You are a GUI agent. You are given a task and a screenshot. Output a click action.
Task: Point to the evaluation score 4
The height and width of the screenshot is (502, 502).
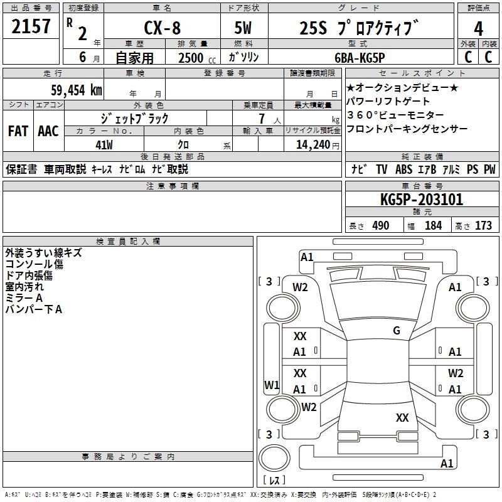pyautogui.click(x=479, y=28)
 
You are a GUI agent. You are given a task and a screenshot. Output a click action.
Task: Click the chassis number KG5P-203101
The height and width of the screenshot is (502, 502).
pyautogui.click(x=422, y=200)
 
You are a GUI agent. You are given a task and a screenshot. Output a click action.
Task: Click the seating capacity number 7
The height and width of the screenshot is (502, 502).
pyautogui.click(x=260, y=119)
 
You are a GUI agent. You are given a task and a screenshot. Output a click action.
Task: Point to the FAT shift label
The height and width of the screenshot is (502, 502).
pyautogui.click(x=18, y=131)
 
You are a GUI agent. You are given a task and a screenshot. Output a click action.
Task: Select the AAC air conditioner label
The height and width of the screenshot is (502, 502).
pyautogui.click(x=48, y=131)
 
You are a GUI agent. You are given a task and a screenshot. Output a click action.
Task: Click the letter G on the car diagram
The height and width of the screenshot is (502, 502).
pyautogui.click(x=397, y=331)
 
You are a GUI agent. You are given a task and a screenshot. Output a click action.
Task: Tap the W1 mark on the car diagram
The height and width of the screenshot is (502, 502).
pyautogui.click(x=271, y=385)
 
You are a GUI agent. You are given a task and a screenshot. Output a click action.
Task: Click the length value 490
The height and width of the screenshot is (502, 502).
pyautogui.click(x=380, y=225)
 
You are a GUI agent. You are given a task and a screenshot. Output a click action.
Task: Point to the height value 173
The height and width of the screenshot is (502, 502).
pyautogui.click(x=483, y=225)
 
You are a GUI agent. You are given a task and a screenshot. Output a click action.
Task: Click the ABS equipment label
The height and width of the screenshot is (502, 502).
pyautogui.click(x=403, y=169)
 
